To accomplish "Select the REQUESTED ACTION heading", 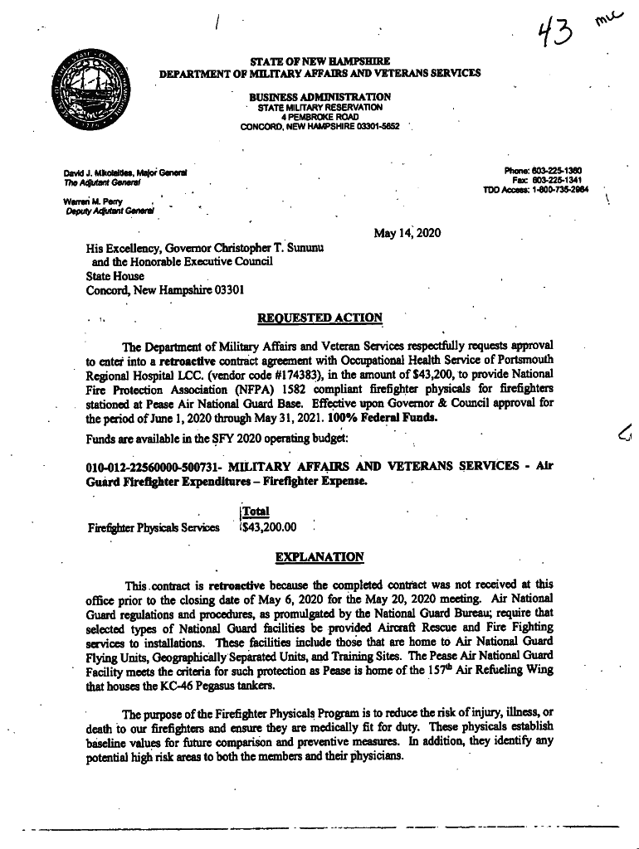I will (319, 318).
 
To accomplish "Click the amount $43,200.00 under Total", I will (268, 526).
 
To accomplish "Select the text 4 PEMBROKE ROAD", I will (319, 117).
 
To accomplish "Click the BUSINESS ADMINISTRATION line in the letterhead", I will (319, 97).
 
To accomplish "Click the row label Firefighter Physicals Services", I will (153, 527).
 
